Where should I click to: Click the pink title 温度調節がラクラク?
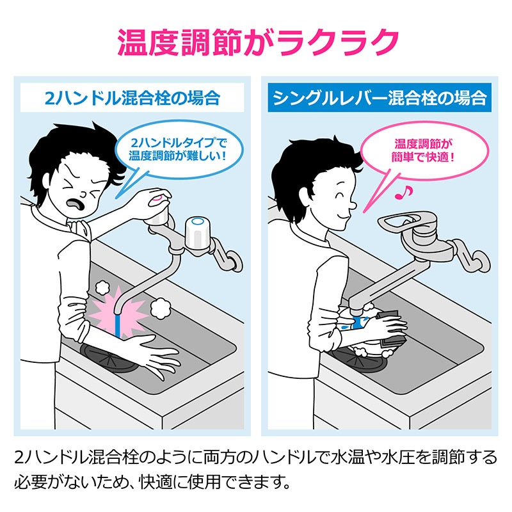coord(258,42)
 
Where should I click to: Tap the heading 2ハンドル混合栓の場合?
coord(132,98)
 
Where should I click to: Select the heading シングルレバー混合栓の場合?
coord(380,98)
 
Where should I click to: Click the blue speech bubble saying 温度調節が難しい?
coord(179,150)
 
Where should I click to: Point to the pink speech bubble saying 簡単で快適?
coord(424,152)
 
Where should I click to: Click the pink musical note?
coord(404,193)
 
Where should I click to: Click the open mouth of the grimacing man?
coord(76,204)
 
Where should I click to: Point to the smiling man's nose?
coord(353,205)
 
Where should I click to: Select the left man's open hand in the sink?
coord(154,355)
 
